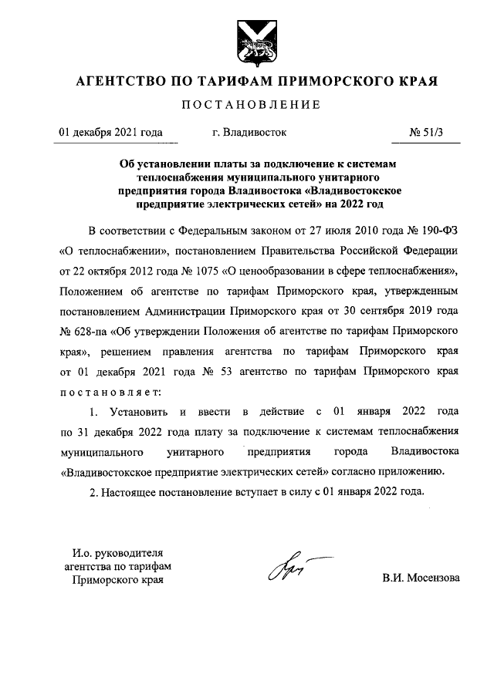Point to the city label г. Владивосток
[249, 133]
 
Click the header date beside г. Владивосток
[110, 133]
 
